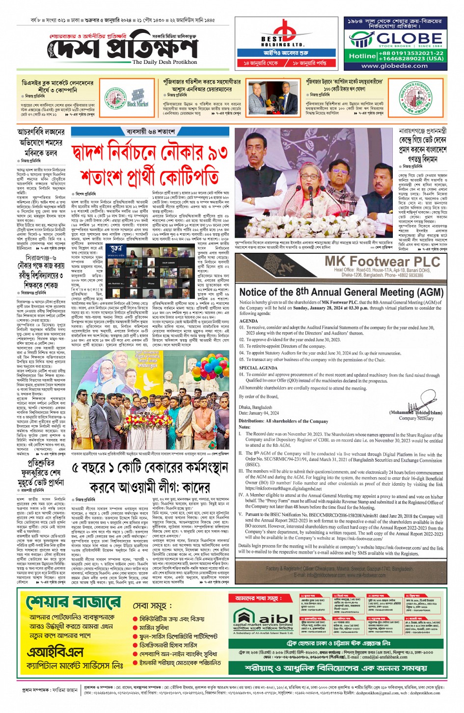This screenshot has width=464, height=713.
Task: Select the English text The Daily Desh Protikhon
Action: click(x=164, y=62)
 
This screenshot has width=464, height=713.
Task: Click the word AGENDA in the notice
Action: click(x=248, y=321)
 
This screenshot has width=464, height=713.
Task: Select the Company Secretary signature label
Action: click(x=416, y=418)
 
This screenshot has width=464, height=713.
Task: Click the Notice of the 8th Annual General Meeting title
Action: click(x=341, y=292)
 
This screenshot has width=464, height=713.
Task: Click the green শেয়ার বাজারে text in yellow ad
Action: click(x=74, y=602)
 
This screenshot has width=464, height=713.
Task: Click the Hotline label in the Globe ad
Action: click(x=362, y=56)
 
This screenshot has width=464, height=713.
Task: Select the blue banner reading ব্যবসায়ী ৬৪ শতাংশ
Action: click(x=151, y=132)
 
